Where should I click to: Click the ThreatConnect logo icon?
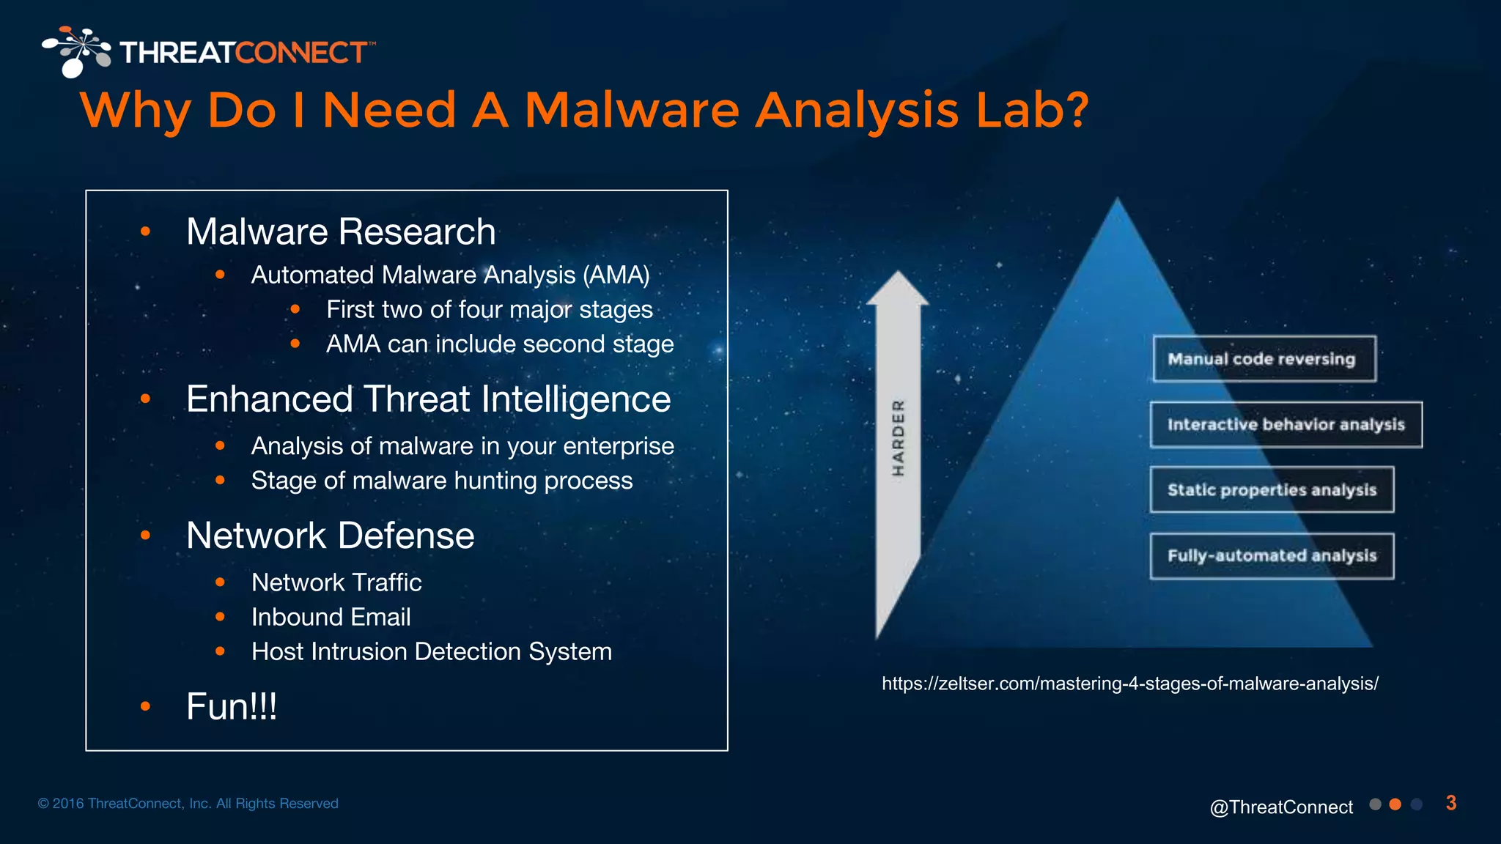(x=75, y=51)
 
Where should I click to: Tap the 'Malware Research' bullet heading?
(x=341, y=232)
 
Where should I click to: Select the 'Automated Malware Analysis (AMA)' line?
(x=450, y=275)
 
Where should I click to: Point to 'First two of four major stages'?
(x=489, y=310)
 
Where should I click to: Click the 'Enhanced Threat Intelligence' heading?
(x=428, y=400)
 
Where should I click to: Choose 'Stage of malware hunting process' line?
(x=441, y=481)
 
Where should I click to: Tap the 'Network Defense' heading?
(x=330, y=536)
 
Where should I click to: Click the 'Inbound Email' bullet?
(x=331, y=618)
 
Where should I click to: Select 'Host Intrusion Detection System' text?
(x=431, y=652)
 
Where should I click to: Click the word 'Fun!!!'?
(x=232, y=707)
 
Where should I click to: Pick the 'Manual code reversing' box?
(x=1264, y=359)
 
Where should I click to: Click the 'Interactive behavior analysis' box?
(x=1286, y=425)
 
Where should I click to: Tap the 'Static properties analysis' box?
(x=1272, y=490)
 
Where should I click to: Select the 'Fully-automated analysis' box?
(x=1272, y=556)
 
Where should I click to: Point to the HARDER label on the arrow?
(x=898, y=438)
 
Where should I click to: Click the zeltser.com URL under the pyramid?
(x=1129, y=684)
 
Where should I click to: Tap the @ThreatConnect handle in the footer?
(x=1280, y=807)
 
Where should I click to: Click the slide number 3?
(x=1450, y=804)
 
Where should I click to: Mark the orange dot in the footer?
(x=1395, y=804)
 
